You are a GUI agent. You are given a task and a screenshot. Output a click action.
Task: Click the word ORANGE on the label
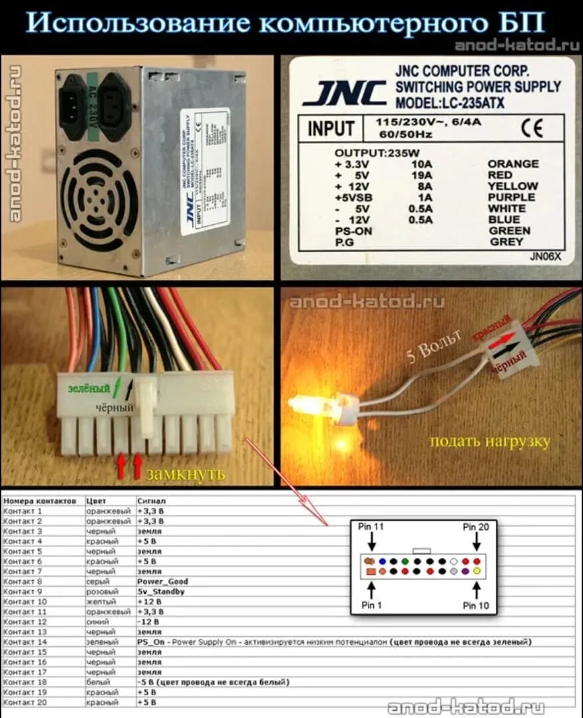tap(513, 164)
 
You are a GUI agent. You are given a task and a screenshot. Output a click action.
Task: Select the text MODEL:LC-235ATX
tap(451, 104)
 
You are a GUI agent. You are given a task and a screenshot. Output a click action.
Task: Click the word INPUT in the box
tap(330, 128)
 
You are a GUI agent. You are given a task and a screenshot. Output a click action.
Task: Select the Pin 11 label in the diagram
tap(371, 526)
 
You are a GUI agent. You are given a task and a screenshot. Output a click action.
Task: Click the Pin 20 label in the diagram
tap(477, 526)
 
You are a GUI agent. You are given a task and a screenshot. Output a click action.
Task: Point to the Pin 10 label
tap(477, 606)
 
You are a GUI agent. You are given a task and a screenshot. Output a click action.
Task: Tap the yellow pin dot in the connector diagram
tap(477, 572)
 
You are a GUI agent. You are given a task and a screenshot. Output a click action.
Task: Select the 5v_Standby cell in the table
tap(160, 592)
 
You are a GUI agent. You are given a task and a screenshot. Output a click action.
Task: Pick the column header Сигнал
tap(151, 500)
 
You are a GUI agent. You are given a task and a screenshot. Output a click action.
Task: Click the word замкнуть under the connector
tap(186, 474)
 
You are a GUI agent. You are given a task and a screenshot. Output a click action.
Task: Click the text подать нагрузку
tap(490, 442)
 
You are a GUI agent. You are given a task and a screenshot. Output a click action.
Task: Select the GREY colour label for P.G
tap(506, 242)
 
